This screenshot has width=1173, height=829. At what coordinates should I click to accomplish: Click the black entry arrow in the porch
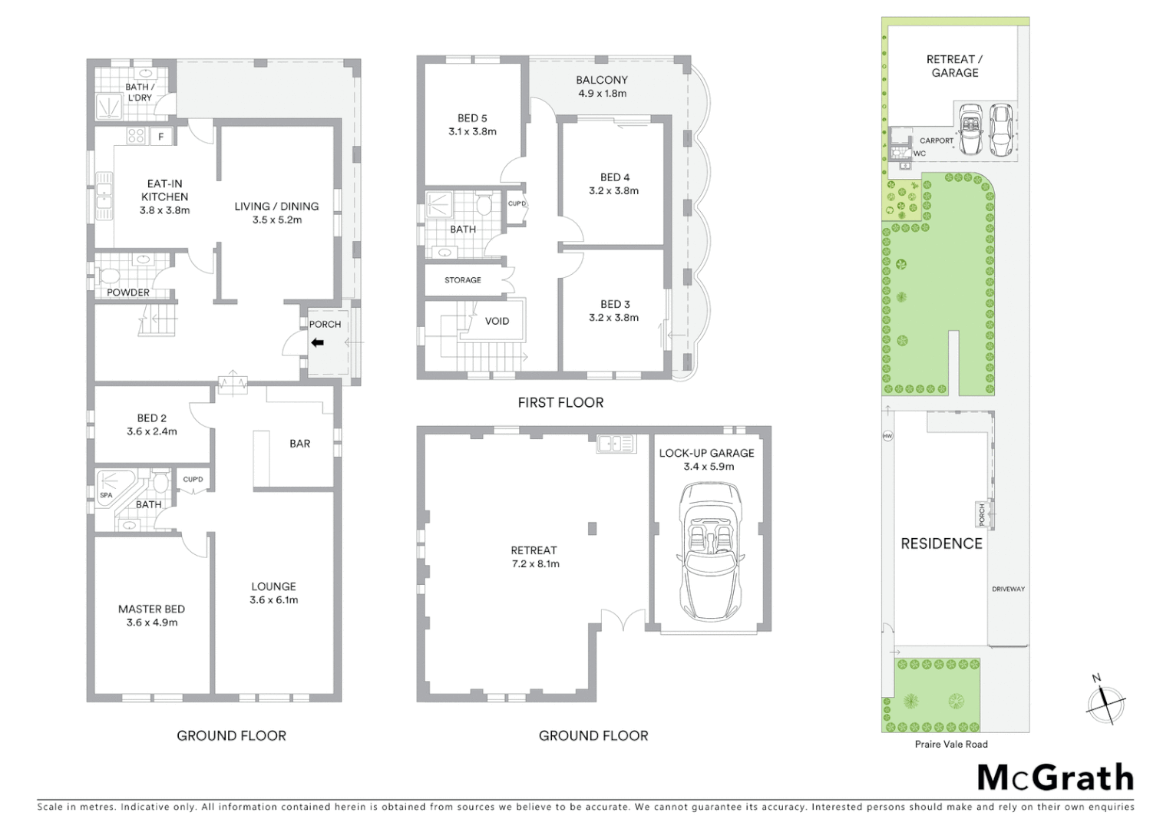click(x=317, y=343)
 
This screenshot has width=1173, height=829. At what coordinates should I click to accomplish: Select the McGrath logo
click(x=1055, y=778)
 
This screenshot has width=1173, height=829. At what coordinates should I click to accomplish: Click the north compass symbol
click(x=1105, y=700)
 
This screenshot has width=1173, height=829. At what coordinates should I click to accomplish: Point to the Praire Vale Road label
click(x=950, y=744)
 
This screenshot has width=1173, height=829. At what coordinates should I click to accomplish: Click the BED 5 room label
click(x=472, y=118)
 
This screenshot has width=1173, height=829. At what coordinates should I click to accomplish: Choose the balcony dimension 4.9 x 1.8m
click(x=602, y=94)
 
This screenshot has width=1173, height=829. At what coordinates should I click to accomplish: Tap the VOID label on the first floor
click(x=497, y=321)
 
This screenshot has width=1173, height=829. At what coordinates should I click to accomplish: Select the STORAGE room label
click(x=463, y=280)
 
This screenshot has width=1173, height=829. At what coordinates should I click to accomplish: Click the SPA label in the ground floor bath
click(x=106, y=495)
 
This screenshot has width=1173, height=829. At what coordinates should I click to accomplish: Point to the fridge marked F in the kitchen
click(x=161, y=137)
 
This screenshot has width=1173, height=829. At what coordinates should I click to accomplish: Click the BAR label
click(x=299, y=443)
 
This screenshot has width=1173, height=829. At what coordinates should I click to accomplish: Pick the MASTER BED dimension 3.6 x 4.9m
click(x=151, y=623)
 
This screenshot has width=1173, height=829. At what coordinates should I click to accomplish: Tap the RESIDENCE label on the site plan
click(x=941, y=543)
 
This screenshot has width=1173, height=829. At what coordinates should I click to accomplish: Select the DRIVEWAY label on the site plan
click(x=1008, y=589)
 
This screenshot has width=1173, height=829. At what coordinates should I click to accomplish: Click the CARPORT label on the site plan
click(x=937, y=140)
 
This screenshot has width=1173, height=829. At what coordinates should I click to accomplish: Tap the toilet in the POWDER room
click(x=109, y=276)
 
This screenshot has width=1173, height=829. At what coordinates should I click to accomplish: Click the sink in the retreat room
click(x=616, y=443)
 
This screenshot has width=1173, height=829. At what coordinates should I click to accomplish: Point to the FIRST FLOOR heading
click(x=560, y=402)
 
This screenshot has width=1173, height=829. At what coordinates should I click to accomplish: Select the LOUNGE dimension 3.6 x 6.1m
click(x=273, y=599)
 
